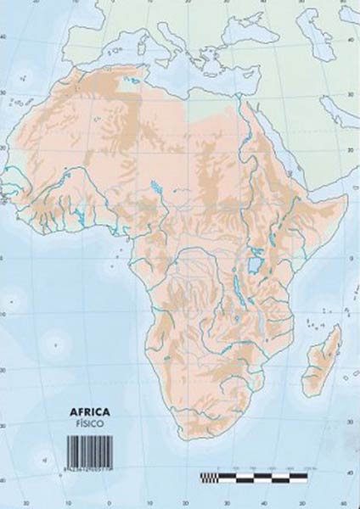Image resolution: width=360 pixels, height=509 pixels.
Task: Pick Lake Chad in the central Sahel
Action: (155, 188)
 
